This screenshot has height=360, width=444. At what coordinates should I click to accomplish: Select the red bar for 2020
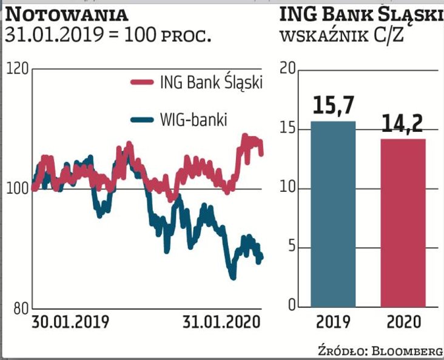pyautogui.click(x=403, y=222)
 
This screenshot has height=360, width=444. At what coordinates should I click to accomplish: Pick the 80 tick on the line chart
pyautogui.click(x=20, y=308)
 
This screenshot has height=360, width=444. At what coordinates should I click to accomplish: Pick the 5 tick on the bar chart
pyautogui.click(x=290, y=246)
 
